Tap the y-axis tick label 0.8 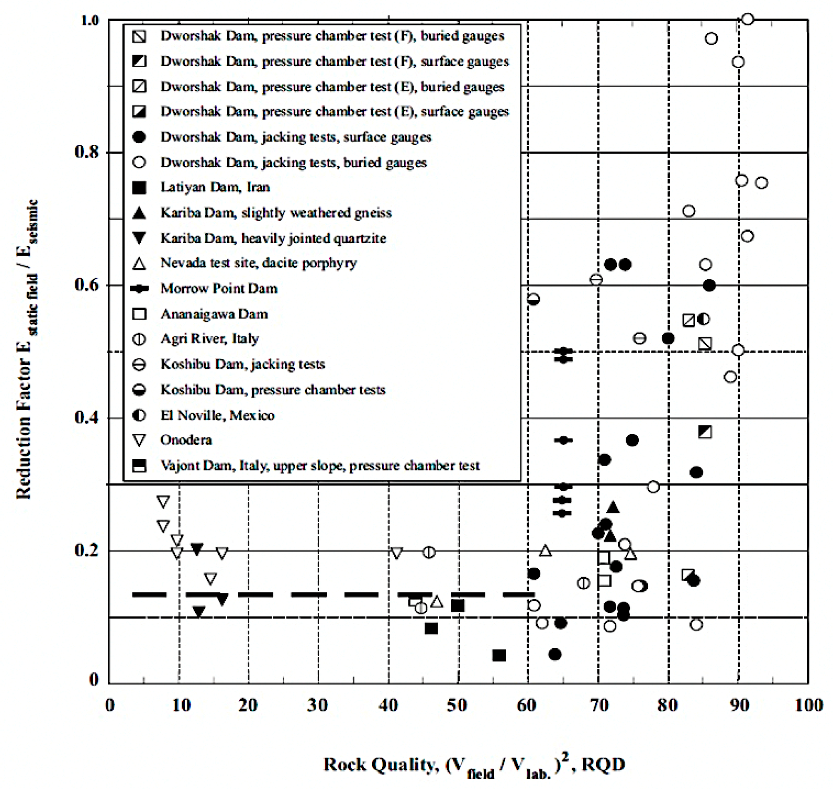coord(87,152)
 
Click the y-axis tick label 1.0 coord(89,20)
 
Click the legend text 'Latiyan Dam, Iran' coord(215,187)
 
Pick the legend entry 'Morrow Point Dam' coord(219,289)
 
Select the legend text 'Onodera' coord(186,440)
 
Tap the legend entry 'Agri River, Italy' coord(209,338)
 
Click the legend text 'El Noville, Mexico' coord(217,415)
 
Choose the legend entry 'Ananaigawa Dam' coord(214,314)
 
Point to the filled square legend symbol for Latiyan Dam coord(139,188)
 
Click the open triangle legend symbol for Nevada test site coord(139,264)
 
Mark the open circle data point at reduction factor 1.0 coord(747,19)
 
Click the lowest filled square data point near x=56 coord(499,656)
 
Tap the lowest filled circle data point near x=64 coord(555,655)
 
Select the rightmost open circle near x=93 coord(761,183)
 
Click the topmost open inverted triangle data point coord(163,501)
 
